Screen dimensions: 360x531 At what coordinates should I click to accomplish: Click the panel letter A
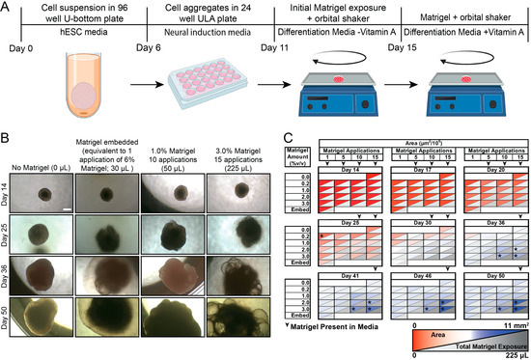7,7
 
